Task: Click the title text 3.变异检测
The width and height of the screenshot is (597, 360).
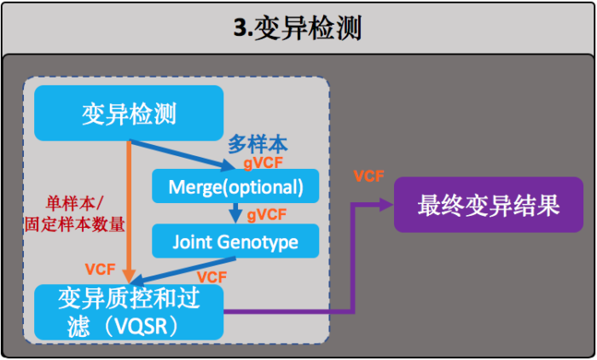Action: [298, 27]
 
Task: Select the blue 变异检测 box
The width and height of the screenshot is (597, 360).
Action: [128, 113]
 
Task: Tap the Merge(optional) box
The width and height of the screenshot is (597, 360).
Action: [235, 186]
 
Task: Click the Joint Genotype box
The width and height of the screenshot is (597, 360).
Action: [235, 242]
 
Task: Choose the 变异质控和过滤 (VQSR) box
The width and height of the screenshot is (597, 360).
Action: [128, 312]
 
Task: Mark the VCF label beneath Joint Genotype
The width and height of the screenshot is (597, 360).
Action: [212, 277]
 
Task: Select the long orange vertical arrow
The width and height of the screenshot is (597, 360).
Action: [129, 209]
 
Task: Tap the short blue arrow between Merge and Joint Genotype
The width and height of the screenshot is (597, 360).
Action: [235, 213]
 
